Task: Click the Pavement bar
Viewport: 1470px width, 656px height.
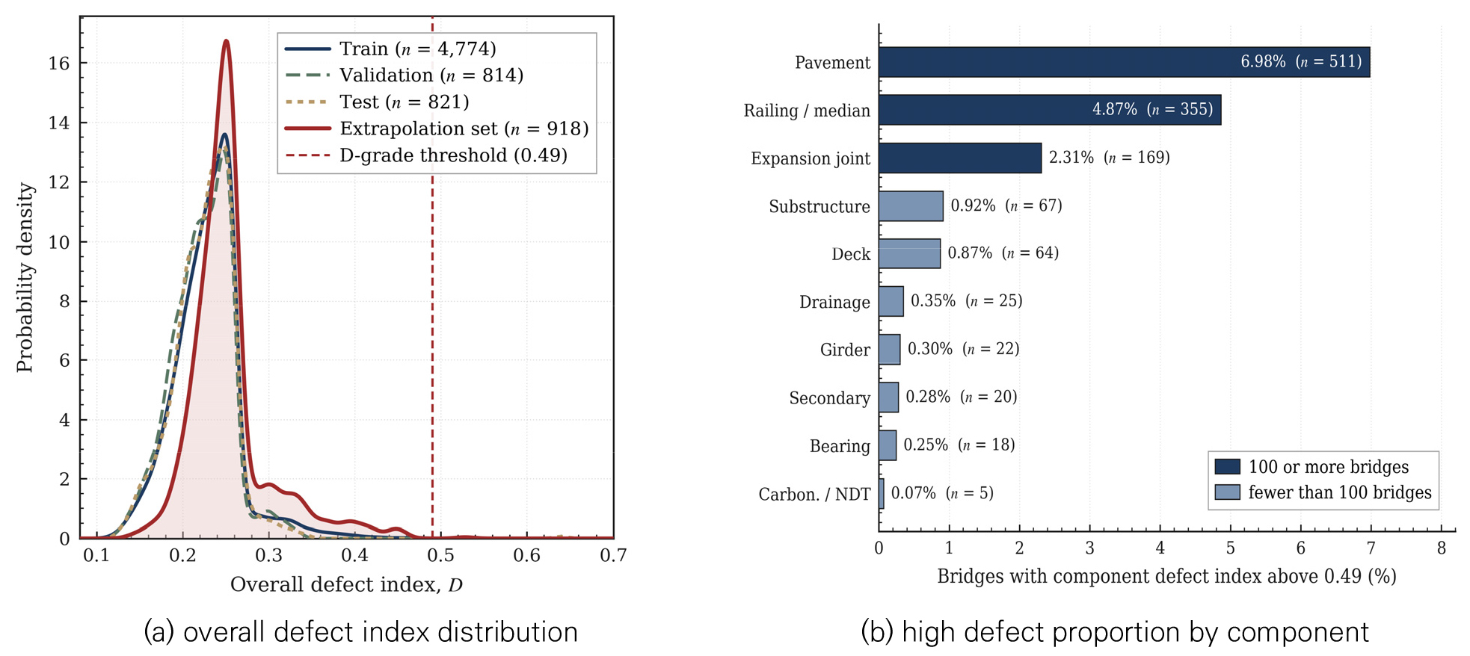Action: (x=1125, y=62)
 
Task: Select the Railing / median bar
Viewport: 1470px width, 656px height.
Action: (x=1051, y=110)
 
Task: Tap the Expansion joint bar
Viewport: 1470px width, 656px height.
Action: (x=960, y=158)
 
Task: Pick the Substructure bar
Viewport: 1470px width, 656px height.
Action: (x=911, y=205)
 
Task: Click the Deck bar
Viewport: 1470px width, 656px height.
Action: (x=910, y=253)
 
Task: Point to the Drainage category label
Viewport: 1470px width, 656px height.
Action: (x=834, y=302)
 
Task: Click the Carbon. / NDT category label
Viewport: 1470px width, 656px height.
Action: (x=814, y=494)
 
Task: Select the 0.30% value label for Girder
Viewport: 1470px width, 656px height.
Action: (x=930, y=349)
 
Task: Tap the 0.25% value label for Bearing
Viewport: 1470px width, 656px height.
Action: (x=926, y=445)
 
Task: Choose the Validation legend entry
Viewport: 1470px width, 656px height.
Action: (x=405, y=75)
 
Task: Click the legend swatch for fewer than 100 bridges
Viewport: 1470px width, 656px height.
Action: (x=1227, y=492)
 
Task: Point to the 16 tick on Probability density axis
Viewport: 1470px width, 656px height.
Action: (x=59, y=64)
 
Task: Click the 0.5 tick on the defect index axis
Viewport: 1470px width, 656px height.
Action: (x=440, y=555)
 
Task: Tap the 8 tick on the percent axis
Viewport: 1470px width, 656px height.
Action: (x=1442, y=548)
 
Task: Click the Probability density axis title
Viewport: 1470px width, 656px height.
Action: (x=25, y=277)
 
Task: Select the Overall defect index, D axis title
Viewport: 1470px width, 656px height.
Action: (x=346, y=584)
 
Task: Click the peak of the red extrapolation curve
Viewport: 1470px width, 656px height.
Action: (x=226, y=40)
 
